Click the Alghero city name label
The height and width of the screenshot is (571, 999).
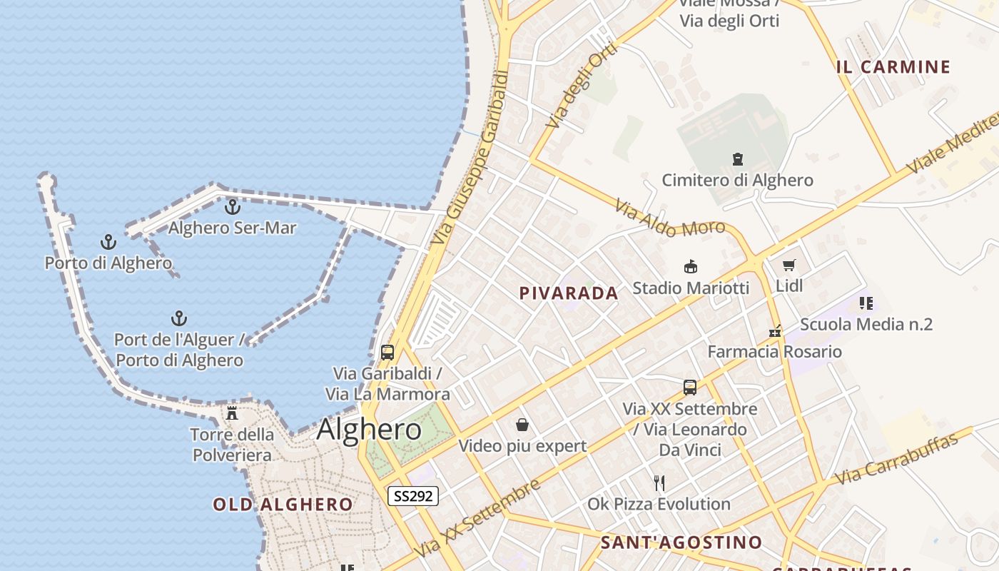coord(369,430)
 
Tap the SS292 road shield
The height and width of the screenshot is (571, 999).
coord(413,495)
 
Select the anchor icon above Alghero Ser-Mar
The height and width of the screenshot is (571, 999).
coord(232,207)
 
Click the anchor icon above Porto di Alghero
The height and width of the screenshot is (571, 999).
coord(108,242)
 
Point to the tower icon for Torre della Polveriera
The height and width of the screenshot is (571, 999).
coord(232,413)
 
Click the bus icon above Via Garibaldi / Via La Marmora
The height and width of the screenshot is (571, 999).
coord(387,352)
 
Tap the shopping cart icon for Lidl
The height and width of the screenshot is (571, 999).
coord(788,266)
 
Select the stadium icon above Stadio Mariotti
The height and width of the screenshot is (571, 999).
coord(690,267)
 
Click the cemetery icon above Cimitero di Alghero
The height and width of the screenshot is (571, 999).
coord(737,158)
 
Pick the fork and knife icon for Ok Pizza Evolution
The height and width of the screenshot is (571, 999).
coord(659,483)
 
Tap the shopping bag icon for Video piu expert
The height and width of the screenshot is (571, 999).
coord(522,425)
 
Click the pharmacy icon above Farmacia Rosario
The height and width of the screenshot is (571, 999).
coord(775,331)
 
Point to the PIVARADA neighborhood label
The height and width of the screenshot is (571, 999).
coord(568,293)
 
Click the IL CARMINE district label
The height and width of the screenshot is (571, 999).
coord(893,67)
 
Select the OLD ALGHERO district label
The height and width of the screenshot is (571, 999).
coord(283,505)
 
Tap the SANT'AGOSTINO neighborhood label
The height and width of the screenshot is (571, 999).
coord(681,542)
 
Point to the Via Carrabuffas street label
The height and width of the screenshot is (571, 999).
coord(896,459)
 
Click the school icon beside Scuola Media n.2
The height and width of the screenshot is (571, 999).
coord(866,303)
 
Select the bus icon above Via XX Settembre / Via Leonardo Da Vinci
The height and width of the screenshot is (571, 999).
coord(690,388)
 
